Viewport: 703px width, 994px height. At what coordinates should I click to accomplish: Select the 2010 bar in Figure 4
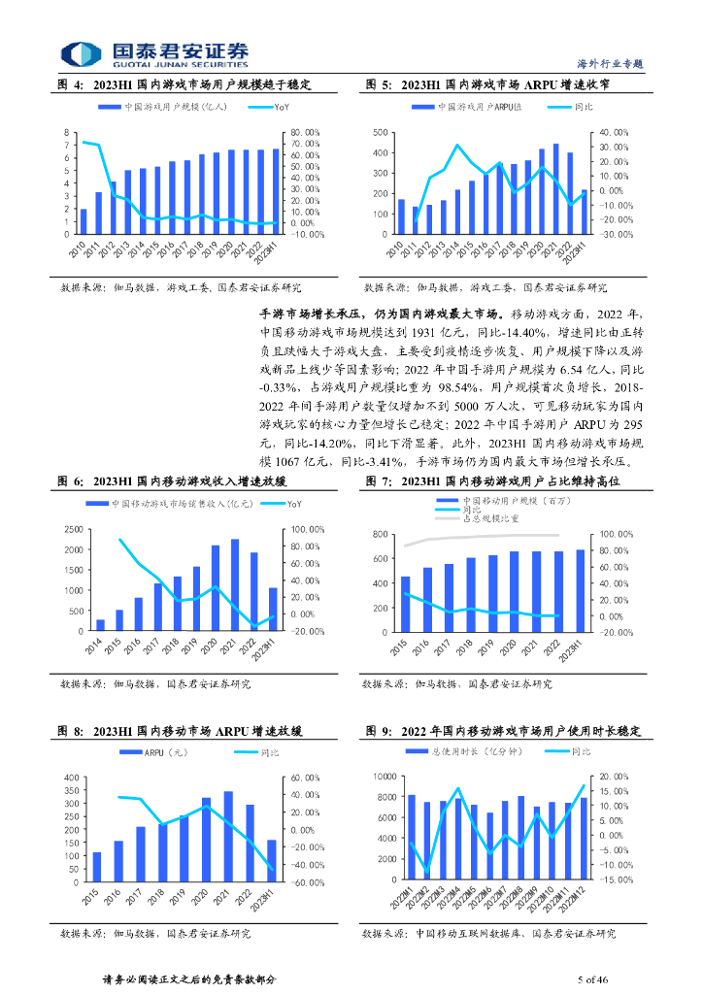pyautogui.click(x=84, y=221)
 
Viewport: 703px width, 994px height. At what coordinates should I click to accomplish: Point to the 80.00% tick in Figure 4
pyautogui.click(x=303, y=133)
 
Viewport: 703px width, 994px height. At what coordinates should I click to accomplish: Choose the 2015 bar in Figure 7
pyautogui.click(x=405, y=596)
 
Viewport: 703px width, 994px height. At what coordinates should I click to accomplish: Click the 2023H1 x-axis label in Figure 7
pyautogui.click(x=579, y=646)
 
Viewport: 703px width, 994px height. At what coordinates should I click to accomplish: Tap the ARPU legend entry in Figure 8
pyautogui.click(x=158, y=752)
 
